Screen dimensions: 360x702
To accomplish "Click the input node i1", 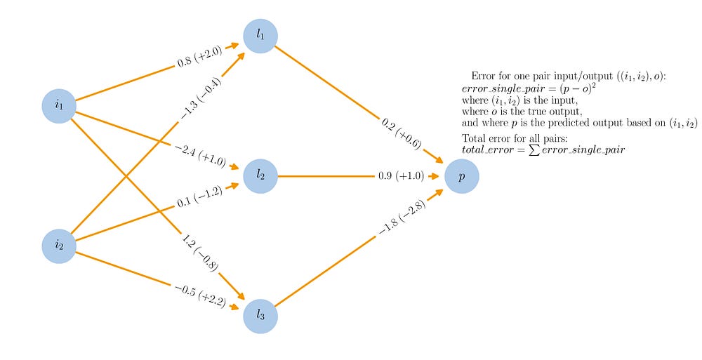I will pos(59,107).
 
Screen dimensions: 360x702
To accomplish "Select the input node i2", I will pos(59,245).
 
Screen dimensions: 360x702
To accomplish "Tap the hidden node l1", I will pos(260,36).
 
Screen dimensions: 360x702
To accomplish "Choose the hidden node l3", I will pos(260,315).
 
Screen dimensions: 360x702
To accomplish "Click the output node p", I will pos(462,176).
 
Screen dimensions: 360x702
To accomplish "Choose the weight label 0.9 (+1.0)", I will pos(401,176).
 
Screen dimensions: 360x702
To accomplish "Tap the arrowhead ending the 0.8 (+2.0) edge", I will pos(234,45).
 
